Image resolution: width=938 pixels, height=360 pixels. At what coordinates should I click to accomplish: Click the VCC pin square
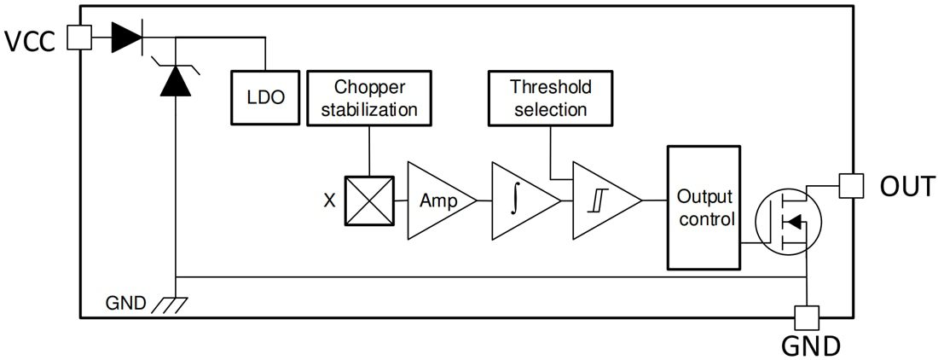[79, 37]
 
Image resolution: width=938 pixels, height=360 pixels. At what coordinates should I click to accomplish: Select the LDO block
[266, 96]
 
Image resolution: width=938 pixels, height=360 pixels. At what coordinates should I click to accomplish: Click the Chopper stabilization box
[368, 98]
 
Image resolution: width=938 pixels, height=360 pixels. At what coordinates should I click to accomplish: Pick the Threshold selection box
[549, 98]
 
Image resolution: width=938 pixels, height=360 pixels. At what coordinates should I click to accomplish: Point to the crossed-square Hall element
[369, 200]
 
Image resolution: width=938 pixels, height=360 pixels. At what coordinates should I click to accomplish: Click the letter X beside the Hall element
[329, 201]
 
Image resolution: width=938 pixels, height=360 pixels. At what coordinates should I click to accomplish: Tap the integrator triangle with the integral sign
[519, 200]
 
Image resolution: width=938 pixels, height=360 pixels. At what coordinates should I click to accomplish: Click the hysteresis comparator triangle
[601, 200]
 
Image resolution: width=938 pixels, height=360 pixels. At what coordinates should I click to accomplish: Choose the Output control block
[703, 207]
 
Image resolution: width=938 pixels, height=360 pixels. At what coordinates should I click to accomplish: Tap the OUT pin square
[850, 185]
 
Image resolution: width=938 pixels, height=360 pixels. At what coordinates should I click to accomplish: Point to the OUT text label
[906, 187]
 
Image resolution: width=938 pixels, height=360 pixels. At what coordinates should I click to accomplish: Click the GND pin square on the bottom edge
[806, 317]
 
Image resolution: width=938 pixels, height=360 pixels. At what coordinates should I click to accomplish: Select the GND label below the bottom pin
[810, 345]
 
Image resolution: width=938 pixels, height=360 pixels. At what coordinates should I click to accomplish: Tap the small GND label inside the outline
[126, 303]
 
